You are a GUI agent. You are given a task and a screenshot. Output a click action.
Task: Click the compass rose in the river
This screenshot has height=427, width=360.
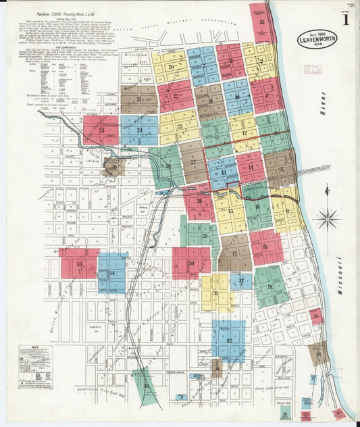click(328, 218)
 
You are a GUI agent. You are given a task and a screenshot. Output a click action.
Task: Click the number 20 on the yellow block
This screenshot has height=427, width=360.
click(172, 66)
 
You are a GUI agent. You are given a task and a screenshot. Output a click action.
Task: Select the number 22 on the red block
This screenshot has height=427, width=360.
click(176, 96)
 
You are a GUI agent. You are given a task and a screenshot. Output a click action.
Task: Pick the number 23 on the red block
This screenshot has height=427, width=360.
click(101, 130)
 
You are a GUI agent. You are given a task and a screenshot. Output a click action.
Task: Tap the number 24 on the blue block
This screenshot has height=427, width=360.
click(139, 130)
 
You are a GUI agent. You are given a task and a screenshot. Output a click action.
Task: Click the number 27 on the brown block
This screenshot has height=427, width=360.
click(193, 161)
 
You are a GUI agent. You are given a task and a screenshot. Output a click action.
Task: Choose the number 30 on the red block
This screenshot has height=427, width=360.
click(191, 263)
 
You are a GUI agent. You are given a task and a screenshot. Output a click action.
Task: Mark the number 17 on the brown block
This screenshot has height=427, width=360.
click(234, 253)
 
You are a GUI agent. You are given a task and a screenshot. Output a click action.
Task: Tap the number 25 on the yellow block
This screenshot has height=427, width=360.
click(180, 126)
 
